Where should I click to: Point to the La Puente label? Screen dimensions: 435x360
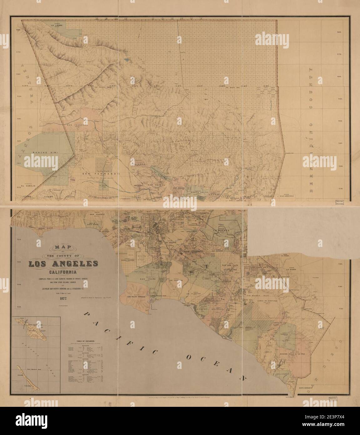click(x=219, y=231)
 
